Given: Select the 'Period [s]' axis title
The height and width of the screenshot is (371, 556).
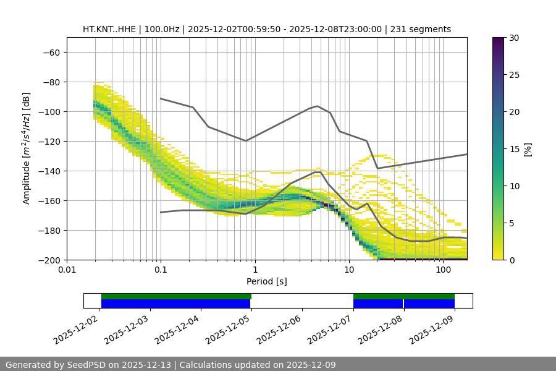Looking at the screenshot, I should pyautogui.click(x=266, y=281).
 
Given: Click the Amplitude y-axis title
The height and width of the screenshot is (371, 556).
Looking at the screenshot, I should pyautogui.click(x=27, y=148).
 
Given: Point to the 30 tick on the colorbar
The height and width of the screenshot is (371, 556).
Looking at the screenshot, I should pyautogui.click(x=514, y=38).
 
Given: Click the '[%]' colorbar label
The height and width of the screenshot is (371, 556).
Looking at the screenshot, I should pyautogui.click(x=528, y=149).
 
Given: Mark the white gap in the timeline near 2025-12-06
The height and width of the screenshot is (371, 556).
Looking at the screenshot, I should pyautogui.click(x=301, y=301).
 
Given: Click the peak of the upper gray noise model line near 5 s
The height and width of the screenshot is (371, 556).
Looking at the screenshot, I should pyautogui.click(x=318, y=106).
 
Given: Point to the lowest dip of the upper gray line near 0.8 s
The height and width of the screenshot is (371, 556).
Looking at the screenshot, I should pyautogui.click(x=246, y=141).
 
